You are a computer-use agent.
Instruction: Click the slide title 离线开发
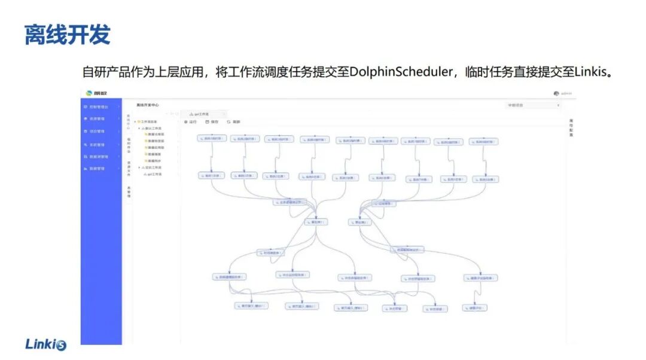tap(67, 35)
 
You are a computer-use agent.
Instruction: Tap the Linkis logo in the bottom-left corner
tap(46, 344)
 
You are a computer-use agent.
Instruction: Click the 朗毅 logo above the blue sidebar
tap(95, 93)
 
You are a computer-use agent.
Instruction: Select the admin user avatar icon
tap(556, 93)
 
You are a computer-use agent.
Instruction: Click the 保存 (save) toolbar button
tap(212, 122)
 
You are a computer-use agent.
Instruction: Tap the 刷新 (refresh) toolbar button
tap(233, 122)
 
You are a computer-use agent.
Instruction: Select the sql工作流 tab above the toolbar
tap(201, 113)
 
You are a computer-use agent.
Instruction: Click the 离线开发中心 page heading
tap(147, 105)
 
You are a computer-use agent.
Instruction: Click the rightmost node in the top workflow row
tap(484, 142)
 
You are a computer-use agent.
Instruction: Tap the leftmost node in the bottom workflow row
tap(251, 306)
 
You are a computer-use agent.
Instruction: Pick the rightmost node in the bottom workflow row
tap(474, 308)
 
